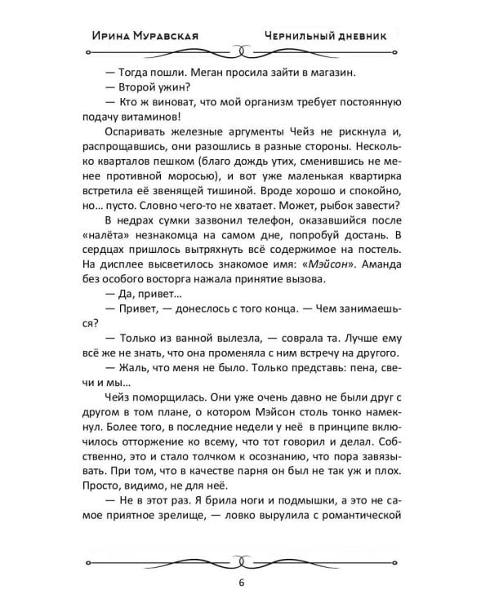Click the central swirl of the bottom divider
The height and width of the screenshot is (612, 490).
coord(243,561)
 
